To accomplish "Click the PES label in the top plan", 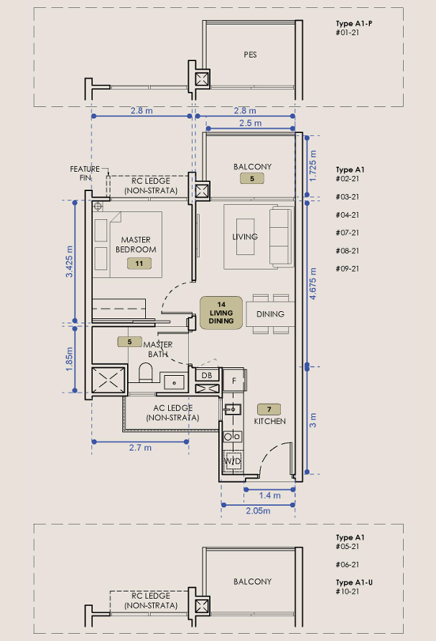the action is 250,55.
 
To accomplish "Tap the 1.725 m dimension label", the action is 312,166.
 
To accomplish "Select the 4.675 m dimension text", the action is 312,284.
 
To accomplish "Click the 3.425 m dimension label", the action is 70,262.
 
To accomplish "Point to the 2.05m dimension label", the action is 258,511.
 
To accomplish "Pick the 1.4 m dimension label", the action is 269,495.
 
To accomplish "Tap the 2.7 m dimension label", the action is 140,448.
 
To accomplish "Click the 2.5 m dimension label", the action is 251,123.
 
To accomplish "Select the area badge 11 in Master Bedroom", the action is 139,264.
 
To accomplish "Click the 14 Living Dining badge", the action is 221,313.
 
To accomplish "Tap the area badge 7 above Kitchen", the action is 269,409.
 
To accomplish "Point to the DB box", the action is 207,375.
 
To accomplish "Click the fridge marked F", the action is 233,381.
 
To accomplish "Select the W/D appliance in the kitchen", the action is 232,461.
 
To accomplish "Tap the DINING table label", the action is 270,314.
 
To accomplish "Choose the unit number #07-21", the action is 348,233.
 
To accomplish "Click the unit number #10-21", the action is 348,591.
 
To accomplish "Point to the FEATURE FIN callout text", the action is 85,173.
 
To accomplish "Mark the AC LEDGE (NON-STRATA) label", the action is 173,412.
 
